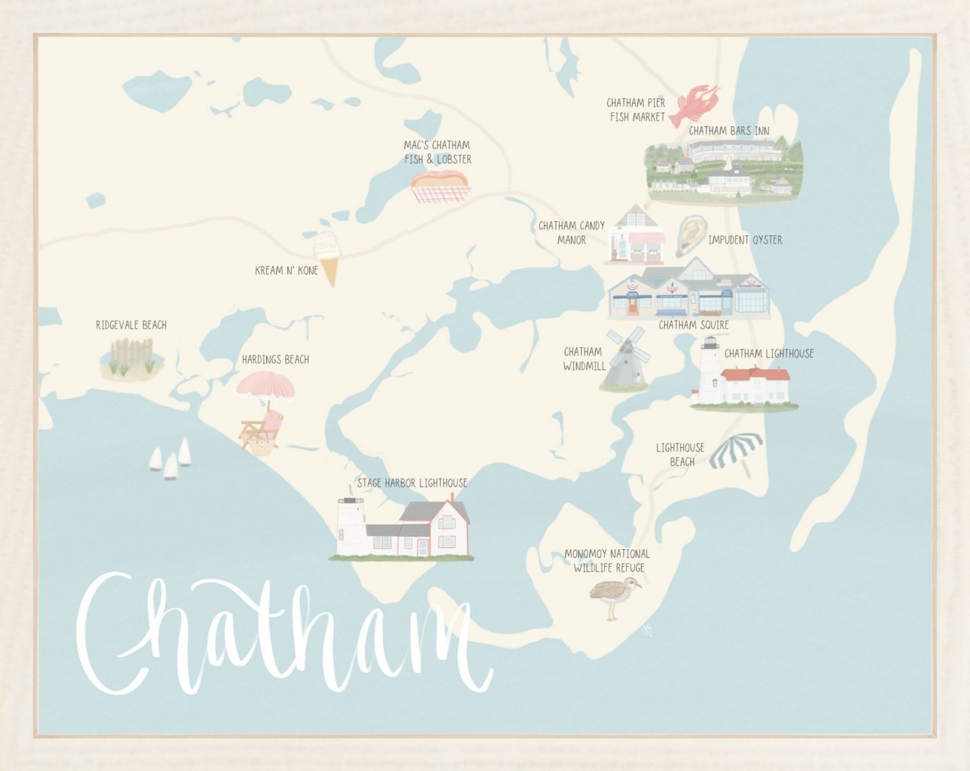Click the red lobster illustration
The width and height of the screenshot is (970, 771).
pos(694,106)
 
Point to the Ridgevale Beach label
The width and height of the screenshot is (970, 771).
pos(131,325)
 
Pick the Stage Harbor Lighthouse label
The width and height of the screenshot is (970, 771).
pos(412,483)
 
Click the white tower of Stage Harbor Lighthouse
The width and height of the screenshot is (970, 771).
pos(353,526)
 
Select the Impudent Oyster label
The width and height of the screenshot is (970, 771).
pos(745,240)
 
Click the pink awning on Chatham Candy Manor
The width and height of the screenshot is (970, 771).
pos(645,238)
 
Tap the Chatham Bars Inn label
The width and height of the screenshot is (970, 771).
pos(729,131)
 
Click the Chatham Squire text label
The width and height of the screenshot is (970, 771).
pos(694,325)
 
